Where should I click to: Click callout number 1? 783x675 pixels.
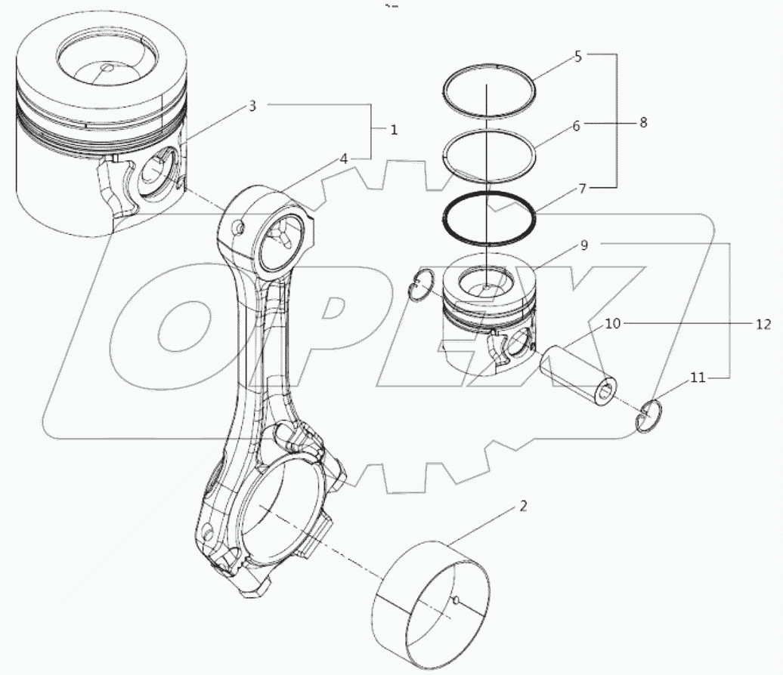click(393, 130)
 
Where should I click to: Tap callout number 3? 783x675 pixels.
click(253, 106)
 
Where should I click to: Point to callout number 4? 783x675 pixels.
click(343, 159)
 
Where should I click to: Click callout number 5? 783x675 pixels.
click(577, 56)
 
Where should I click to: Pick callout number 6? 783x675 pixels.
click(576, 126)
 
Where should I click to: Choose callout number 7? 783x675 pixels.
click(582, 188)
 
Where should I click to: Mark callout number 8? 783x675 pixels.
click(643, 122)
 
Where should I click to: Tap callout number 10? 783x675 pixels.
click(612, 323)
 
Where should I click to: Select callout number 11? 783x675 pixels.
click(697, 378)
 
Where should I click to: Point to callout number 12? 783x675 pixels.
click(763, 325)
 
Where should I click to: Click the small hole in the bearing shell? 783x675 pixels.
click(457, 601)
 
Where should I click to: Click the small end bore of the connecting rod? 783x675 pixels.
click(282, 242)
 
